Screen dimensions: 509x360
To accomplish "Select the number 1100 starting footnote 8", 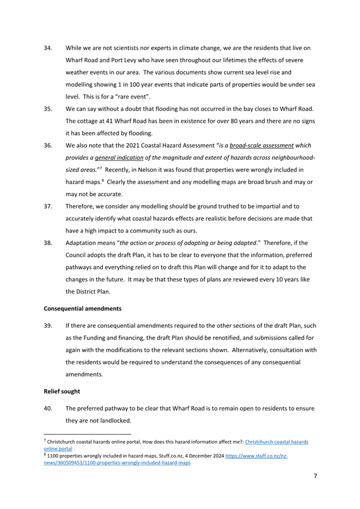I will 53,457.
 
